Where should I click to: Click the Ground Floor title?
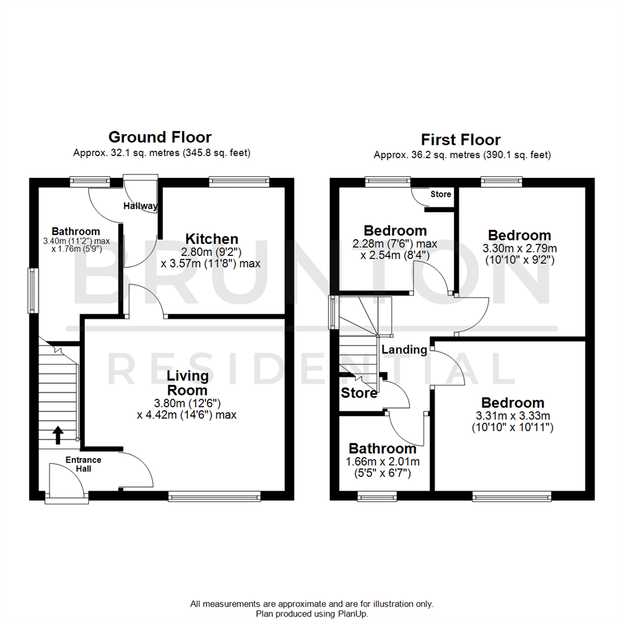(x=160, y=137)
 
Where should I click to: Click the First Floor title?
(x=460, y=139)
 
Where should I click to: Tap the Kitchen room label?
(x=211, y=239)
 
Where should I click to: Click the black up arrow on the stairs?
(x=58, y=434)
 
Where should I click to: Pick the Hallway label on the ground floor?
(x=140, y=206)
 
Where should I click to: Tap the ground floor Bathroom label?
(x=76, y=231)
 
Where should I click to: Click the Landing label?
(x=404, y=350)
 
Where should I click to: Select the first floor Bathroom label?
(x=382, y=448)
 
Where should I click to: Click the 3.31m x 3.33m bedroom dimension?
(x=512, y=415)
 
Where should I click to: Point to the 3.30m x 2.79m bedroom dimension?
(x=519, y=248)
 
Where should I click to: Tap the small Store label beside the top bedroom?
(x=441, y=194)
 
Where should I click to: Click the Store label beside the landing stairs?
(x=359, y=393)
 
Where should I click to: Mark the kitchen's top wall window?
(x=239, y=181)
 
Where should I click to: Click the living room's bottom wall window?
(x=214, y=496)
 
